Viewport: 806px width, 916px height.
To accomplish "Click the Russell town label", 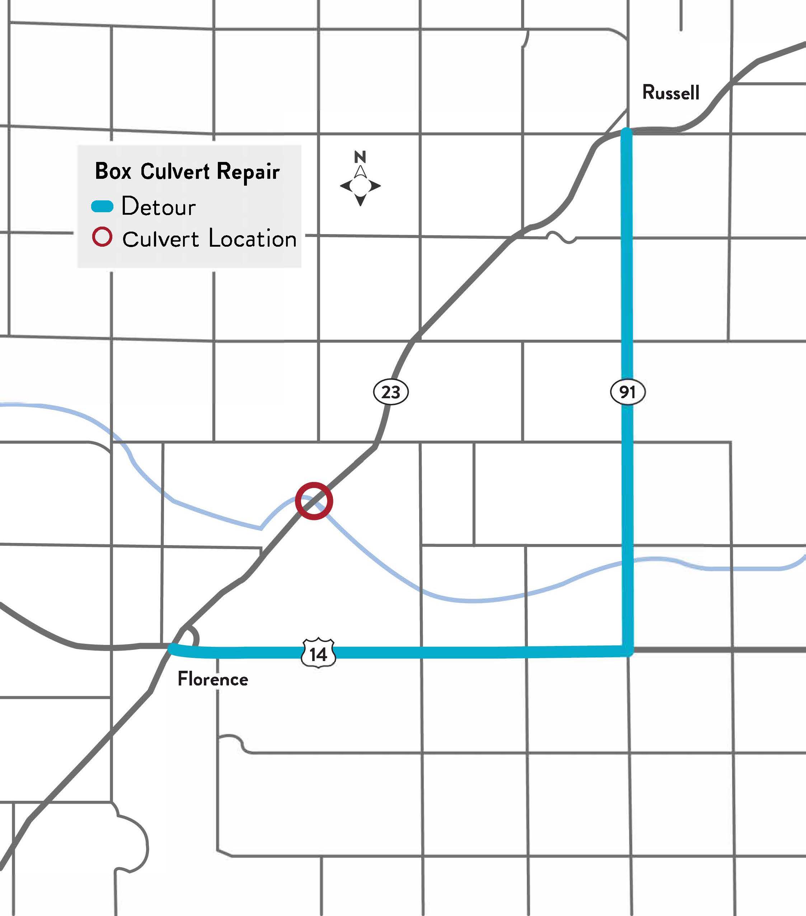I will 670,92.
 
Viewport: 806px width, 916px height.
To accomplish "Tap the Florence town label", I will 213,679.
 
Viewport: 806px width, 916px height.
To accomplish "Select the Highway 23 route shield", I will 390,392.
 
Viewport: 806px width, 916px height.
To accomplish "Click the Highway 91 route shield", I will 627,392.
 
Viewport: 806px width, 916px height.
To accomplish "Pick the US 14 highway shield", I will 318,654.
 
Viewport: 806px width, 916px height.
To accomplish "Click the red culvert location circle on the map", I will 314,501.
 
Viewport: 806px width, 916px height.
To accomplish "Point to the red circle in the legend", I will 102,237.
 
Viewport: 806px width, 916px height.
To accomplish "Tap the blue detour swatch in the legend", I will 102,206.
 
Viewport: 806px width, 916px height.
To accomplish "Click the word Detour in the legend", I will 159,206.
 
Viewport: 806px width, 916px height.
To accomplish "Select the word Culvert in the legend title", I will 175,171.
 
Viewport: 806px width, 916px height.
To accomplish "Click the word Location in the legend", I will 253,238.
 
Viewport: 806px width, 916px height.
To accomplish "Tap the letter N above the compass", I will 360,157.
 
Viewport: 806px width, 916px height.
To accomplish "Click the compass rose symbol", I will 360,186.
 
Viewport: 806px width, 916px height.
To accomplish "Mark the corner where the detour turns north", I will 627,651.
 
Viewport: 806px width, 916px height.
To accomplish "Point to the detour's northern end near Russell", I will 627,132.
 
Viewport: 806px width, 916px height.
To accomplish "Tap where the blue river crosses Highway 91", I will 627,562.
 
